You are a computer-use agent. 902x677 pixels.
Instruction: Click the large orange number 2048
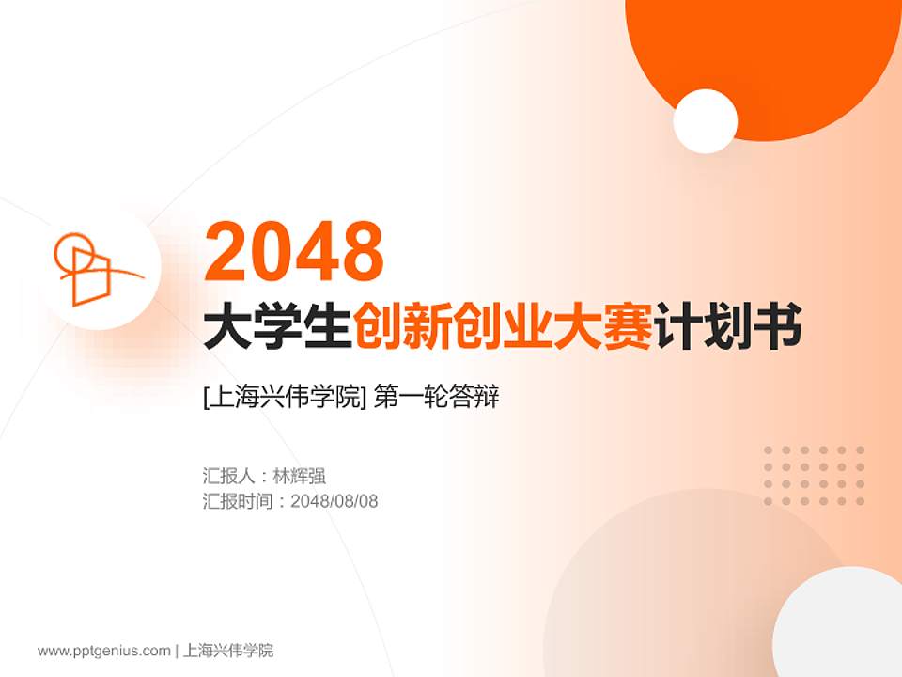coord(294,251)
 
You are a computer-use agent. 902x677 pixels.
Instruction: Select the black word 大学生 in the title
coord(278,329)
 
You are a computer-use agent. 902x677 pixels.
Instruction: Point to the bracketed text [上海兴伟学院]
coord(284,398)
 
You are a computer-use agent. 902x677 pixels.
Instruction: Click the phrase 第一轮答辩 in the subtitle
coord(436,398)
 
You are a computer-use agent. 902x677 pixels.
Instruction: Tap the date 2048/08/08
coord(334,501)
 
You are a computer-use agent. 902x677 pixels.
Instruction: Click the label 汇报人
coord(228,476)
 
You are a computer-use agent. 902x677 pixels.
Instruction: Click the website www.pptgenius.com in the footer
coord(104,650)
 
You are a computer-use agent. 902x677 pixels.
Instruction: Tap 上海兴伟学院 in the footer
coord(228,650)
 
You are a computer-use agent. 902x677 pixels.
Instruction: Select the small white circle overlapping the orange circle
coord(706,121)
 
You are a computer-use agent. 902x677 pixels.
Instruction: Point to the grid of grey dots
coord(814,476)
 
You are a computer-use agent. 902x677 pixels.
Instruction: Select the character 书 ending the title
coord(779,329)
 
